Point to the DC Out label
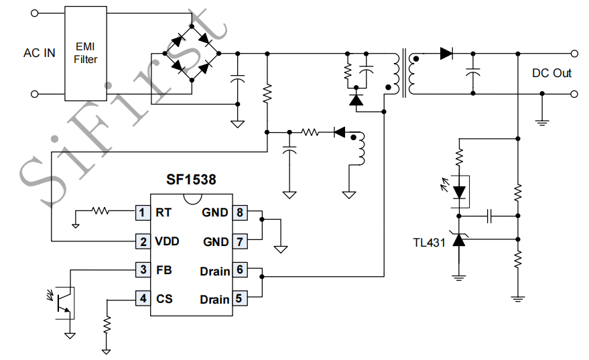(551, 73)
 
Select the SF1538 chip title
(191, 180)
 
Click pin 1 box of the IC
(142, 213)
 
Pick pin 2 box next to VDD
(142, 241)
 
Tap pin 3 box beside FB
(142, 270)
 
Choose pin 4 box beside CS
(142, 298)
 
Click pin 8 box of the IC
(239, 213)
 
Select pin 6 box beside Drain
(239, 270)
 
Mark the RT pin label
(163, 213)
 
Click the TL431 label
(429, 243)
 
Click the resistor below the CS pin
(107, 324)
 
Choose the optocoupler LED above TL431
(459, 192)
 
